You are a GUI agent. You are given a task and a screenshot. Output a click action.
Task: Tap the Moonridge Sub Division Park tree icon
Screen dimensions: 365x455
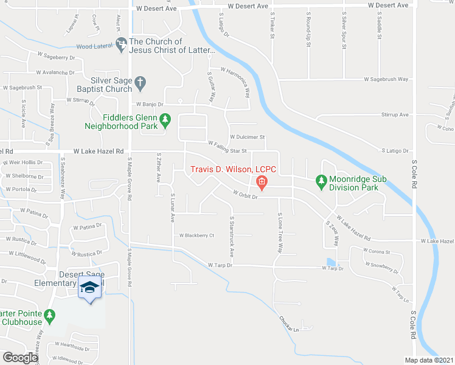point(321,181)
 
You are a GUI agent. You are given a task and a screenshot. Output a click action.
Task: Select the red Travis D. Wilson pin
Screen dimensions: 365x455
point(262,181)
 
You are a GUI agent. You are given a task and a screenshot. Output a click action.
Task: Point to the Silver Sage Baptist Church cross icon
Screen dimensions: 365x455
point(140,82)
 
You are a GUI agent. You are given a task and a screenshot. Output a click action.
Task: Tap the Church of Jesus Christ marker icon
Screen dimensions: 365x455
point(121,44)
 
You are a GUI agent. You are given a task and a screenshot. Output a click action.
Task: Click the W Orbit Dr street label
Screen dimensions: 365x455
point(246,195)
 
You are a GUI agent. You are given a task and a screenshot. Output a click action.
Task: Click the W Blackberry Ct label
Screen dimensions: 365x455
point(196,235)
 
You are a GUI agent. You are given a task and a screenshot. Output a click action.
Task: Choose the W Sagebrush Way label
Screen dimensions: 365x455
point(386,79)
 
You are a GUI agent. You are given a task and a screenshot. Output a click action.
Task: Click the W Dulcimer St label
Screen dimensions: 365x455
point(247,137)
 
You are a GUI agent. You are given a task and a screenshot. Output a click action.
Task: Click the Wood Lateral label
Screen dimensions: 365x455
point(93,46)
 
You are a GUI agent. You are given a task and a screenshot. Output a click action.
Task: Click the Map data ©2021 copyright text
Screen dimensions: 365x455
point(429,360)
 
